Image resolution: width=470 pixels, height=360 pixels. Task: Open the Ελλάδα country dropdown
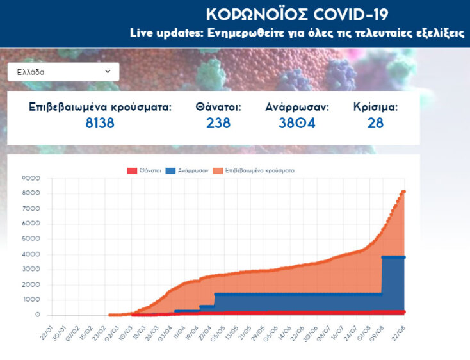point(63,72)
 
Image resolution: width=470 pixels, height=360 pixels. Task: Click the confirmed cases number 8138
point(100,122)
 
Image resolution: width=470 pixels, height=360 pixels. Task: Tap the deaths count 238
point(218,122)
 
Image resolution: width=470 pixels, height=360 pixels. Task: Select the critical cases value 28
point(375,122)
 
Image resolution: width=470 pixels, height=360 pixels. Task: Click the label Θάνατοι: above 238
point(218,107)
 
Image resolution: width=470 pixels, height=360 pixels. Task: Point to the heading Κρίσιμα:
point(375,107)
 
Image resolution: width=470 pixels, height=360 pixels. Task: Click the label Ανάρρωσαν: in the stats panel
point(297,107)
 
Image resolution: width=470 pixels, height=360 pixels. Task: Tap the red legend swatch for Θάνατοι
point(133,170)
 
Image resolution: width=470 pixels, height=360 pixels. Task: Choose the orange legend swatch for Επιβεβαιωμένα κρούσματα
point(219,170)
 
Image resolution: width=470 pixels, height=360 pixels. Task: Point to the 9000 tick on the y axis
point(31,178)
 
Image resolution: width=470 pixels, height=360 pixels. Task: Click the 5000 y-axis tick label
point(31,239)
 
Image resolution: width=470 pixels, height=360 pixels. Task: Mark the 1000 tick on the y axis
point(31,300)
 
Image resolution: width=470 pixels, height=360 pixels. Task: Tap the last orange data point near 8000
point(403,192)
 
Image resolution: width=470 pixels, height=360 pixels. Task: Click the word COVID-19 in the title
point(346,14)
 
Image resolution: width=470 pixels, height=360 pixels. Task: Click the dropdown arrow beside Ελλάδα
point(108,72)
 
